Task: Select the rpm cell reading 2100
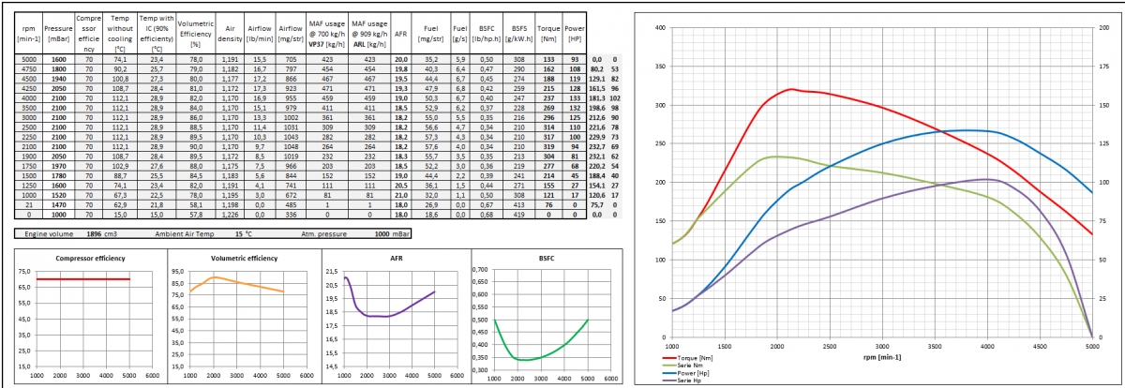point(28,147)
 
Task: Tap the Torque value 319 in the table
point(549,147)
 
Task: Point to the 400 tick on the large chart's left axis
point(658,27)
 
